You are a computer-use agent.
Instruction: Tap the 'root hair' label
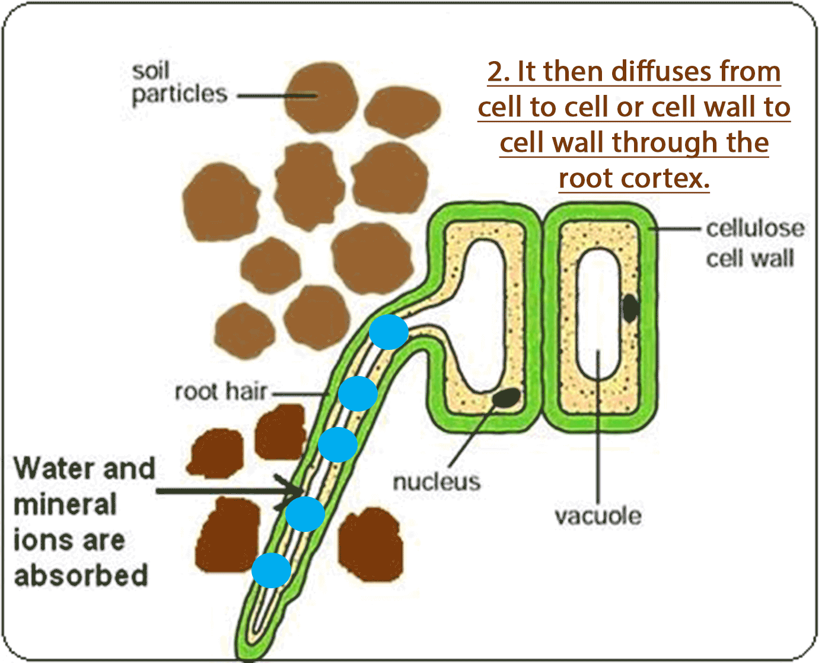[x=221, y=392]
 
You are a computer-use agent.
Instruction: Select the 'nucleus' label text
[x=437, y=482]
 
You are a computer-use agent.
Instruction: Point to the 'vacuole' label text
[x=598, y=516]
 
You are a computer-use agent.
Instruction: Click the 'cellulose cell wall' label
[x=754, y=243]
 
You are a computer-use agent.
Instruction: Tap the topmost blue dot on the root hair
[x=388, y=332]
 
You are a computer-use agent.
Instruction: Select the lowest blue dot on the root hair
[x=271, y=570]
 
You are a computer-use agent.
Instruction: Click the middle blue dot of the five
[x=337, y=444]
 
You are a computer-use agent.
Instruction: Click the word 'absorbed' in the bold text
[x=81, y=576]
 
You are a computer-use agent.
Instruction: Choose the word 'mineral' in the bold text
[x=65, y=505]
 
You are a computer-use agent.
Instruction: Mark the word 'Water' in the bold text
[x=52, y=468]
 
